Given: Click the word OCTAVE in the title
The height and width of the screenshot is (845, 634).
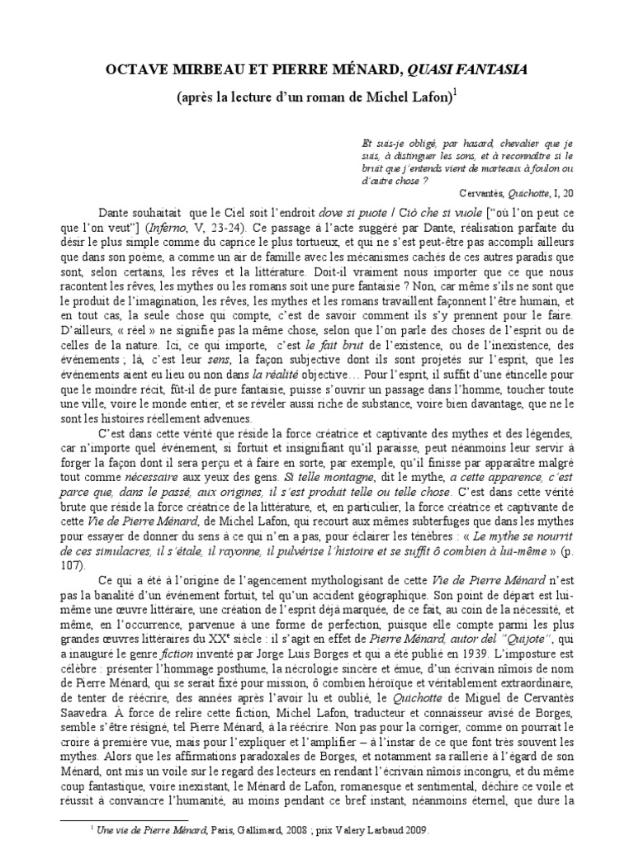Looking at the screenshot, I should coord(135,70).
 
